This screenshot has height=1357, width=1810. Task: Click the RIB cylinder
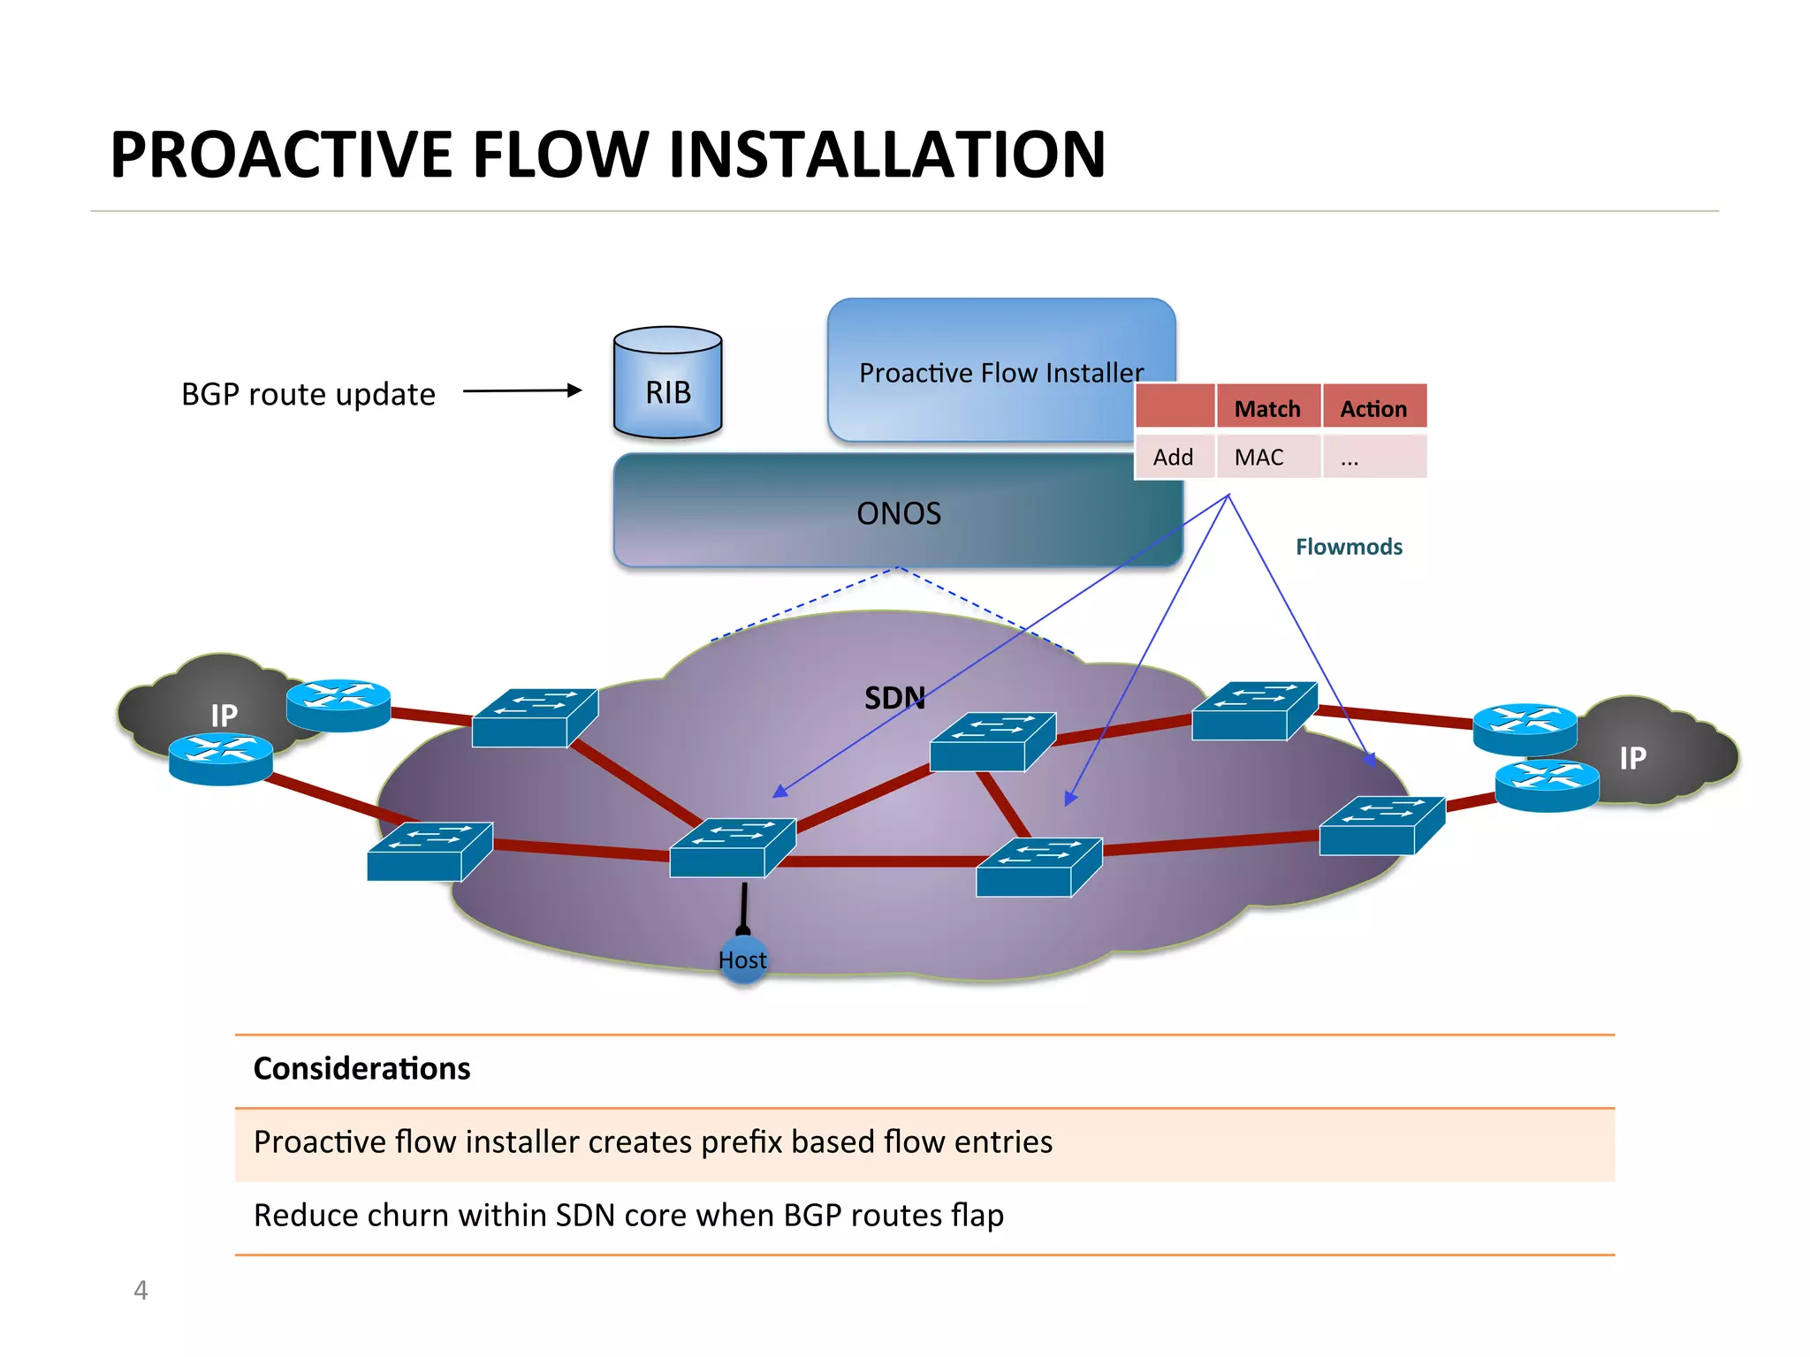[x=668, y=383]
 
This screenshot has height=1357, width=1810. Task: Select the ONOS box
[x=898, y=511]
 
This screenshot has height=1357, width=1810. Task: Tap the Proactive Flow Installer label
[x=1001, y=373]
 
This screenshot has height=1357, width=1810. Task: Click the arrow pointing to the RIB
[x=522, y=390]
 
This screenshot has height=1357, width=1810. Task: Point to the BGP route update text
[x=308, y=394]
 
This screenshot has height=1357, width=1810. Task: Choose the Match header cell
[x=1268, y=407]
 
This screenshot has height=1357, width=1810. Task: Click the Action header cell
[x=1374, y=407]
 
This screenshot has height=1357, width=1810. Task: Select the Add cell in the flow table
[x=1175, y=457]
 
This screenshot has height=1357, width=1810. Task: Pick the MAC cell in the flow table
[x=1268, y=457]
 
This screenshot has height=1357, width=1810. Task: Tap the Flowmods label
[x=1349, y=547]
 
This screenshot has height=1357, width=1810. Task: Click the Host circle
[x=743, y=959]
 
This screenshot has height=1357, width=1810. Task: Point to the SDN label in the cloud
[x=894, y=698]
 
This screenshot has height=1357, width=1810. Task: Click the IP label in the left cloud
[x=224, y=715]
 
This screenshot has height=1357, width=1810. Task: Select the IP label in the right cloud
[x=1633, y=757]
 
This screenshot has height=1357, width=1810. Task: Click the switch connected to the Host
[x=733, y=847]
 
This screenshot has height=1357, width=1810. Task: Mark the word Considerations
[x=362, y=1069]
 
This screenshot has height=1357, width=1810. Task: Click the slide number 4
[x=141, y=1291]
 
